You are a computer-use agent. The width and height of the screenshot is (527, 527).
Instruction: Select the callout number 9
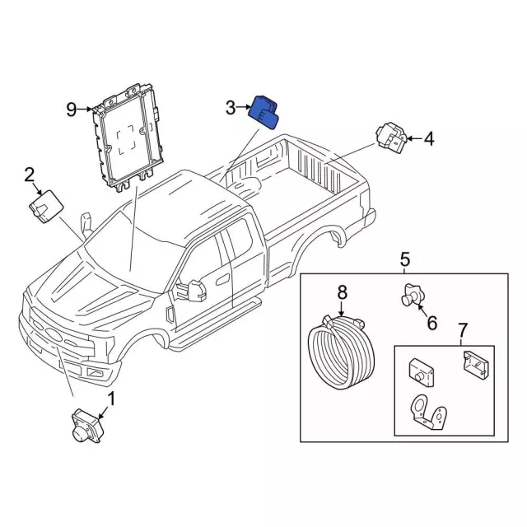[72, 108]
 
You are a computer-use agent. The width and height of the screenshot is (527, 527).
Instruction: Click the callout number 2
[30, 174]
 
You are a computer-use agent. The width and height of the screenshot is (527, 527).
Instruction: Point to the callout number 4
[428, 139]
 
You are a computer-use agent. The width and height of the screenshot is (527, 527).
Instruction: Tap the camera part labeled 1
[86, 425]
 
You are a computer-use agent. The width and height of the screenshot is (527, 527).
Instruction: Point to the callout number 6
[431, 323]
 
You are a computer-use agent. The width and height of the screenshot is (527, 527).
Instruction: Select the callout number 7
[462, 331]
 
